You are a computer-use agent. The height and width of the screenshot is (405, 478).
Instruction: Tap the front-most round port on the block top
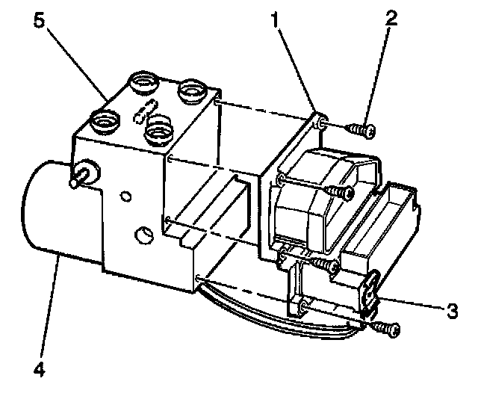click(x=158, y=132)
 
